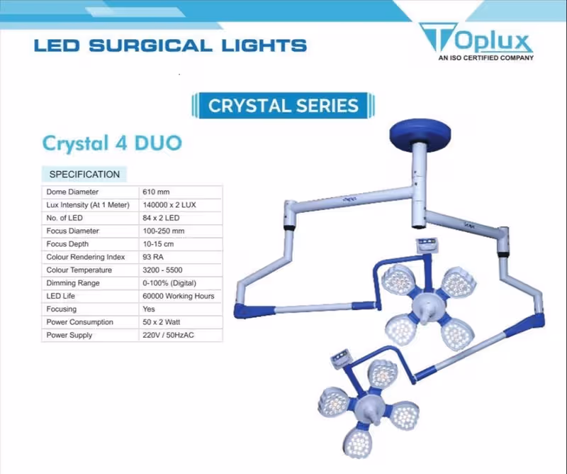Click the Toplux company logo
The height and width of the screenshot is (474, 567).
[476, 40]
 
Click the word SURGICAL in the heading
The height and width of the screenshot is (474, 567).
[150, 46]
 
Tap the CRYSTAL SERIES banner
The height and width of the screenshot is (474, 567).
[283, 106]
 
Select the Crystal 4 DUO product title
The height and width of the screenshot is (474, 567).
[112, 143]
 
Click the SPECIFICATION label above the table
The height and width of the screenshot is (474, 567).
[84, 174]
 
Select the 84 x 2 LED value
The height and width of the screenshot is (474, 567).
[161, 218]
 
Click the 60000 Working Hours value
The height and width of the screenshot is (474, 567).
[179, 296]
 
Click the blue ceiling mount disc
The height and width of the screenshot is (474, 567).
[420, 133]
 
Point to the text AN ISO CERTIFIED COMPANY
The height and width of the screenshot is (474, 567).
[486, 57]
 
